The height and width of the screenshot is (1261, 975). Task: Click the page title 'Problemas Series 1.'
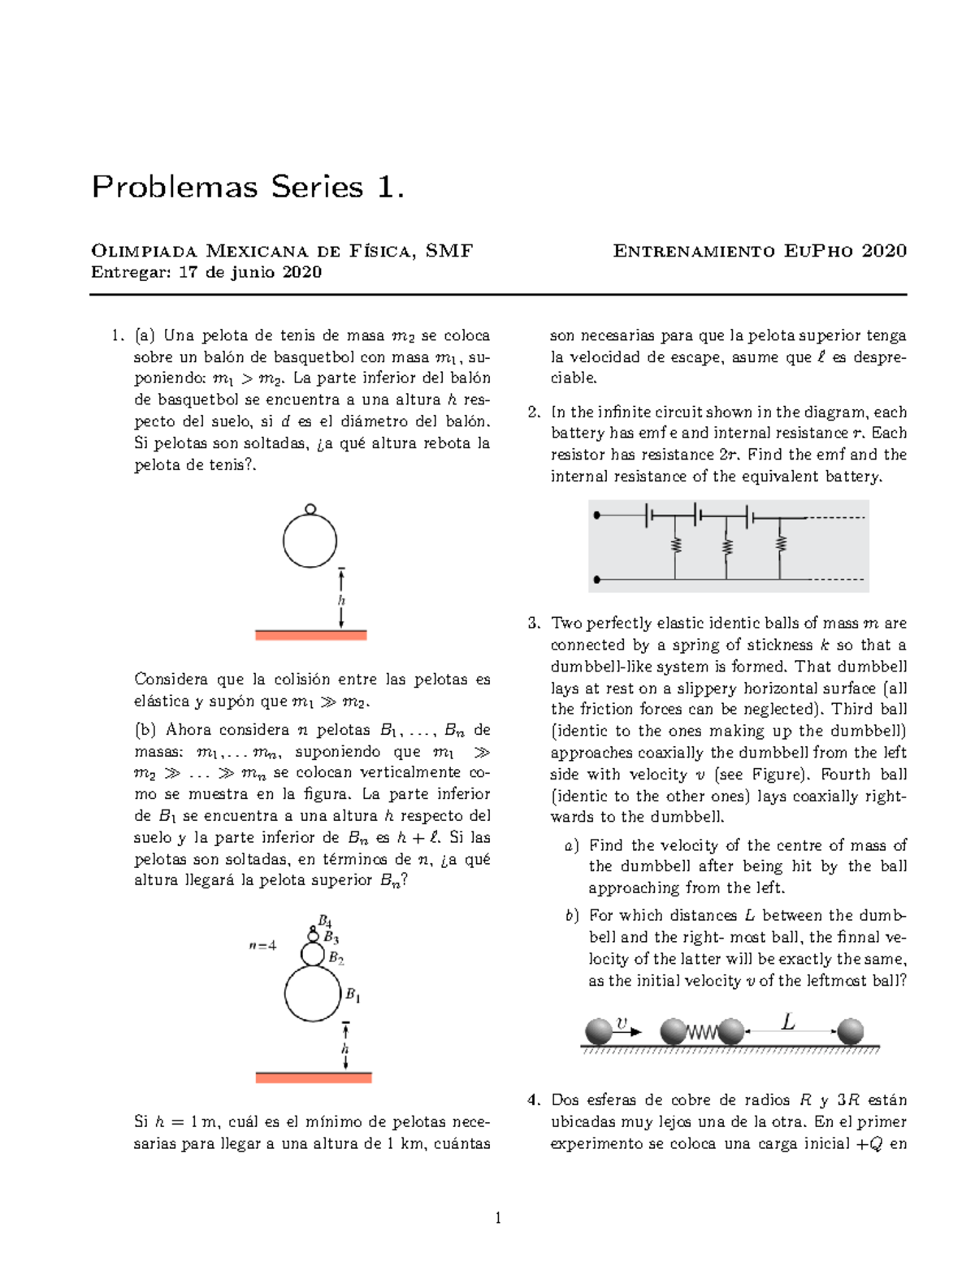pos(247,188)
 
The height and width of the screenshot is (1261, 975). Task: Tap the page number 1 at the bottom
pos(498,1217)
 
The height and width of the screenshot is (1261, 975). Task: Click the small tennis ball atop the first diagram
pos(310,509)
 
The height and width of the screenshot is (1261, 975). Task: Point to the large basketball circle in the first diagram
pos(310,541)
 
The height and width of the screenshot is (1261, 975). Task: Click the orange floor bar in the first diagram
pos(310,635)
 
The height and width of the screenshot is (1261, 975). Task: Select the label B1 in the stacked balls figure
pos(353,995)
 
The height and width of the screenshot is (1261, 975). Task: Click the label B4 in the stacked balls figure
pos(324,921)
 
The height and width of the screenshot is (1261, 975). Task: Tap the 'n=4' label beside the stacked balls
pos(262,945)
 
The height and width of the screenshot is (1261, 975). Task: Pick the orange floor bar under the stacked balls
pos(313,1077)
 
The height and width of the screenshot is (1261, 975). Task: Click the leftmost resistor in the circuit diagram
pos(674,545)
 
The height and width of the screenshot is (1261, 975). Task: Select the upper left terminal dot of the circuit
pos(597,516)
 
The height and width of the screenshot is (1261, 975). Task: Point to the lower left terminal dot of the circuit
pos(597,579)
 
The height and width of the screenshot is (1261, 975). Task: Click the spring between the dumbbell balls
pos(703,1032)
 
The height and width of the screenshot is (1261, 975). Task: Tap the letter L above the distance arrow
pos(787,1021)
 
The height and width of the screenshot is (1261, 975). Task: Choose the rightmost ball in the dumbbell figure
pos(850,1031)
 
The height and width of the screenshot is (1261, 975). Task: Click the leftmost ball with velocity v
pos(599,1031)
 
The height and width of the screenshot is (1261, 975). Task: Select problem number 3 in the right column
pos(533,624)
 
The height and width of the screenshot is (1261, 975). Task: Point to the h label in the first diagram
pos(341,600)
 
